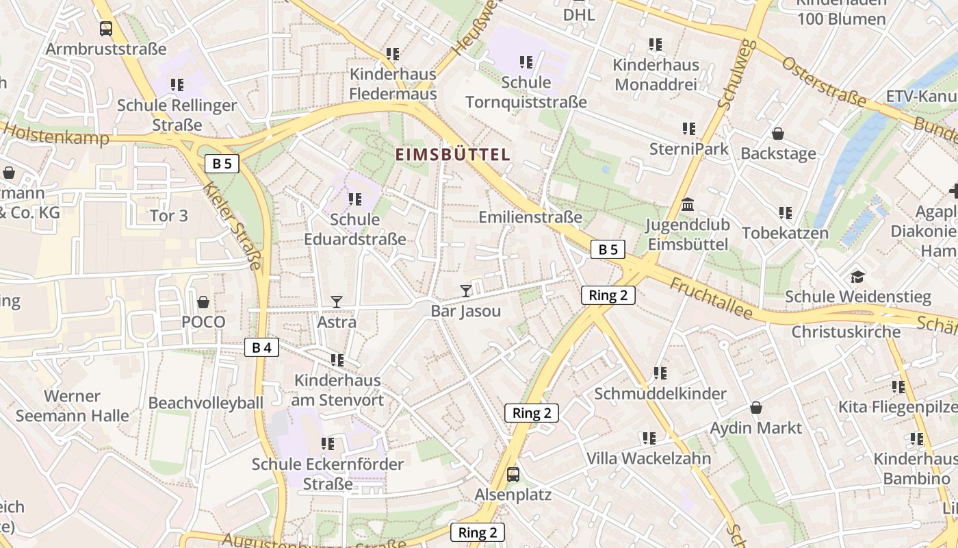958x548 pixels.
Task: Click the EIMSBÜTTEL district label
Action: click(453, 154)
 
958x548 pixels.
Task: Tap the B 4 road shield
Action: click(261, 347)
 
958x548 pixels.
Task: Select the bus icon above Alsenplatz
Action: click(513, 474)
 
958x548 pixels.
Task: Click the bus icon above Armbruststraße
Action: click(106, 29)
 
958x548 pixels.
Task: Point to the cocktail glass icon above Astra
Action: click(336, 301)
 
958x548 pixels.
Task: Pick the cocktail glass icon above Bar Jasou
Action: click(466, 290)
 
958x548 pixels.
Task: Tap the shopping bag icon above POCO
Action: click(203, 301)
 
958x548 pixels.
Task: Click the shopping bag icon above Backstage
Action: click(778, 133)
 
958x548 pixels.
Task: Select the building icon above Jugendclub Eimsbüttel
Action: click(688, 205)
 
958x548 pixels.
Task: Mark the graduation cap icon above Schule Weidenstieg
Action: click(857, 277)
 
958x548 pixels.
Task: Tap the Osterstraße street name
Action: click(823, 83)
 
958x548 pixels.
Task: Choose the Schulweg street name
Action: click(737, 74)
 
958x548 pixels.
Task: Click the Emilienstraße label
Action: click(530, 217)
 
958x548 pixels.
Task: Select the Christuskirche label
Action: click(846, 332)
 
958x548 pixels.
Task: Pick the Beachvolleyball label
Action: click(205, 402)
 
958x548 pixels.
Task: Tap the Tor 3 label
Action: click(168, 216)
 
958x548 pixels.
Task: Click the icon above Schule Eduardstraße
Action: click(354, 199)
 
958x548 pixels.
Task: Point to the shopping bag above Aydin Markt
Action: click(755, 408)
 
